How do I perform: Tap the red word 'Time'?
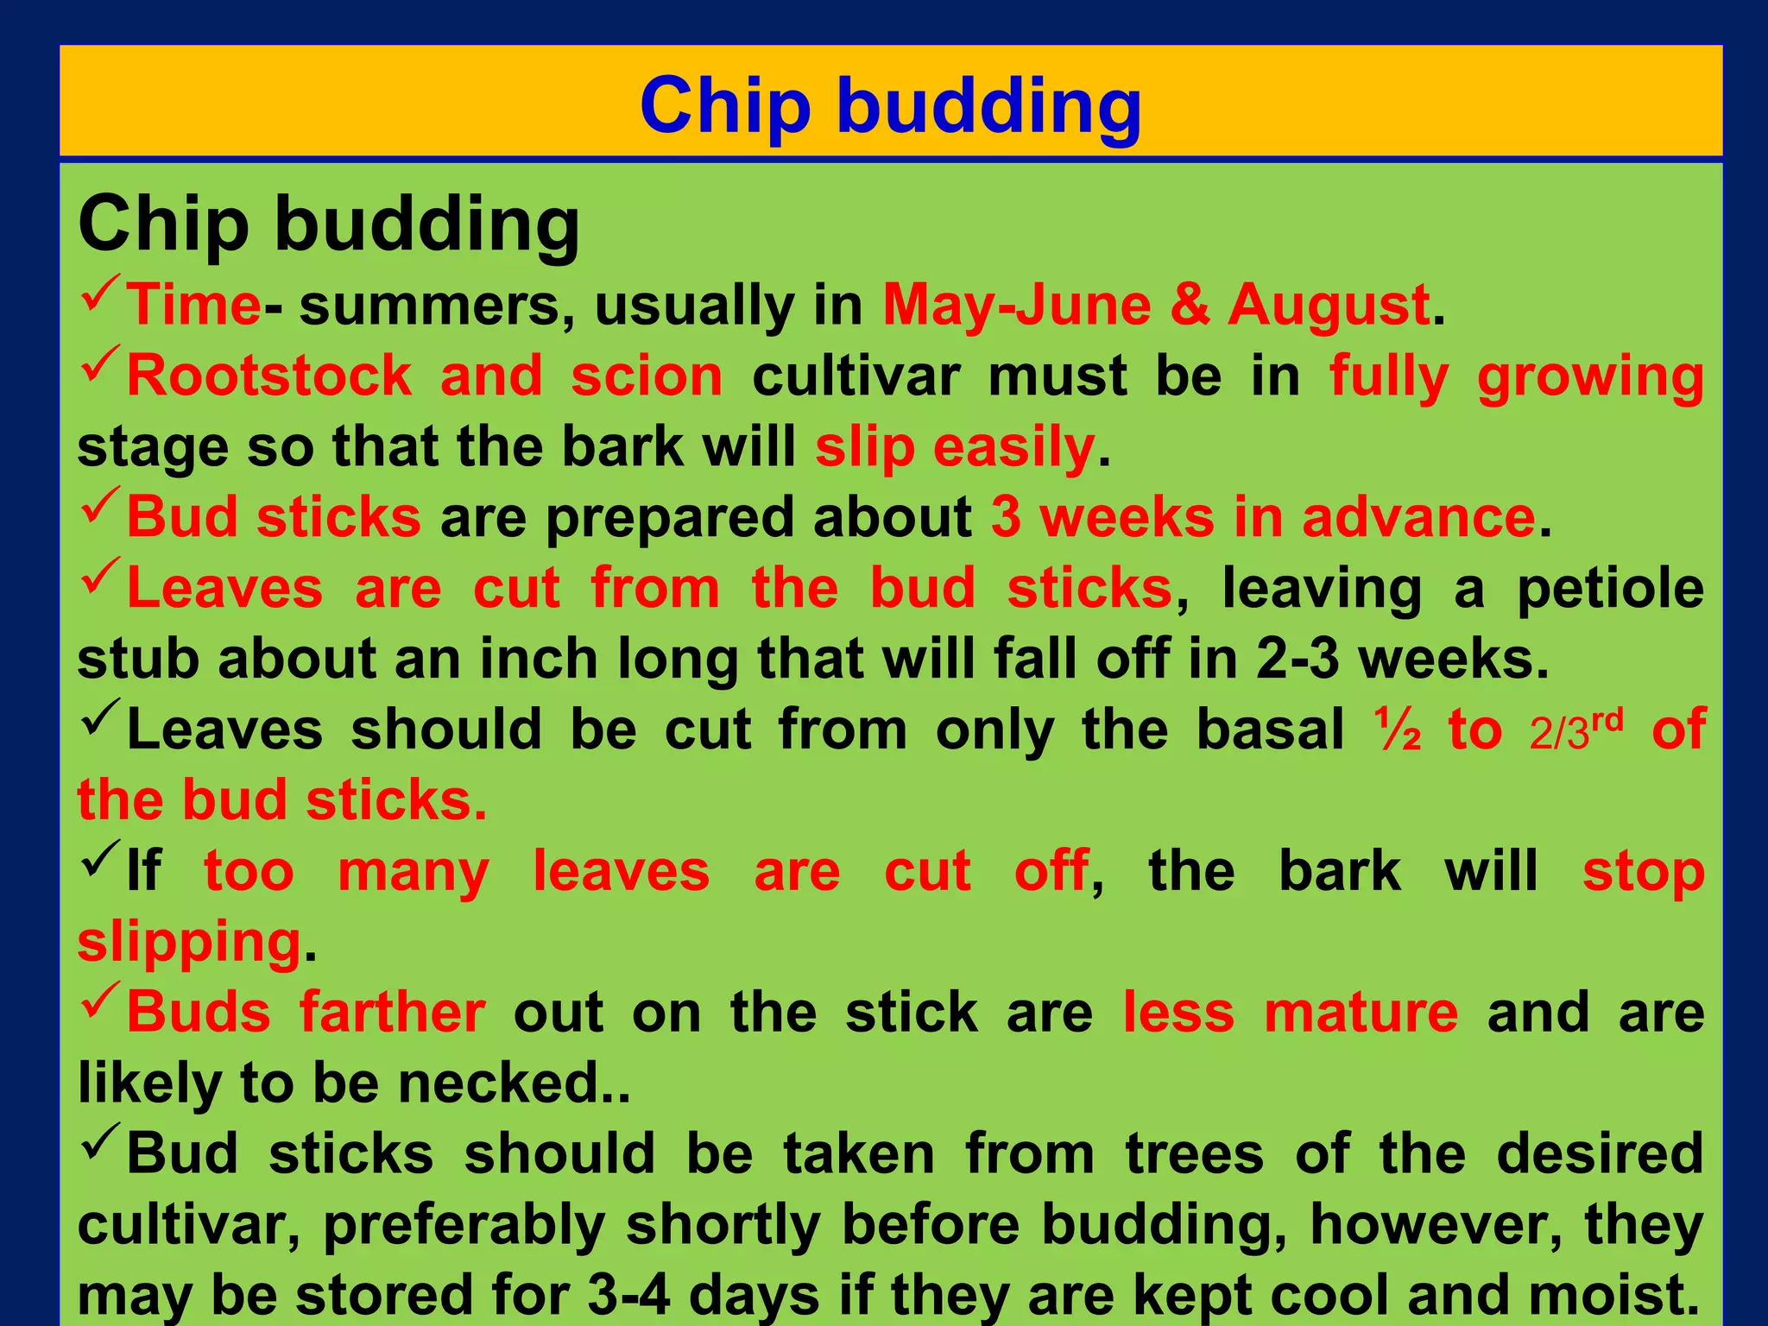point(193,306)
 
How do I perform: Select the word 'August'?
point(1329,306)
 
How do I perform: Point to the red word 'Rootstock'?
point(269,376)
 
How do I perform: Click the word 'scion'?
point(647,376)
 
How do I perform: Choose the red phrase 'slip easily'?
point(955,447)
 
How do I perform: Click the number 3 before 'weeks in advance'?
point(1006,518)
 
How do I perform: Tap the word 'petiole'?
point(1610,589)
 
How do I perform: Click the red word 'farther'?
point(392,1012)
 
